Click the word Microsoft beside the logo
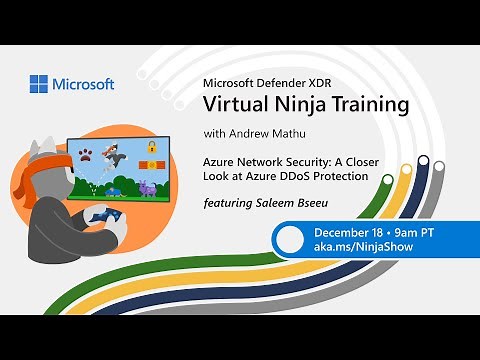coord(84,85)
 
